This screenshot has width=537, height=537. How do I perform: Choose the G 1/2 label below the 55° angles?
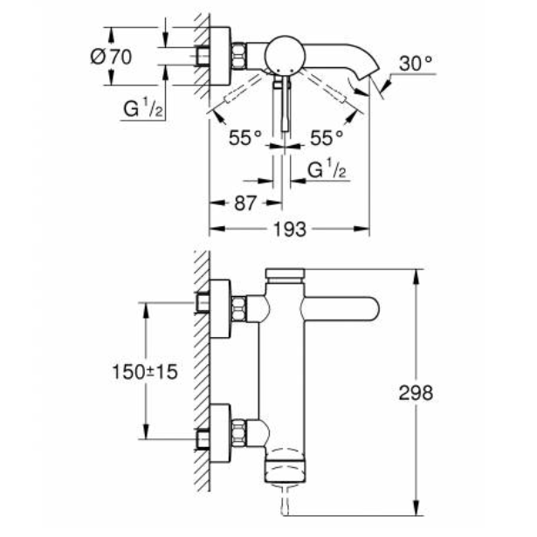pyautogui.click(x=328, y=169)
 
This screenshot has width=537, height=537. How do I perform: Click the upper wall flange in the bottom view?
pyautogui.click(x=221, y=306)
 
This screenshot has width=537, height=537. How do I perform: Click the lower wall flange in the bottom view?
pyautogui.click(x=221, y=429)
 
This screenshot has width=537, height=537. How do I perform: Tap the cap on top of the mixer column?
pyautogui.click(x=286, y=277)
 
